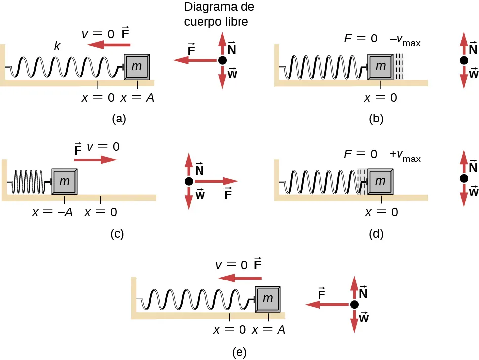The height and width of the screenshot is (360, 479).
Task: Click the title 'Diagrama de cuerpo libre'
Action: [x=219, y=14]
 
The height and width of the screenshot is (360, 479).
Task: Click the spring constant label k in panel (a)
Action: [x=57, y=47]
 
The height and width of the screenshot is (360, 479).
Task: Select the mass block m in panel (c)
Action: [x=64, y=181]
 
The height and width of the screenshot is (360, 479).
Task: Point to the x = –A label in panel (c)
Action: [x=53, y=213]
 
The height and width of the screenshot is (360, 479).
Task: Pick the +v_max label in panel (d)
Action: [x=404, y=155]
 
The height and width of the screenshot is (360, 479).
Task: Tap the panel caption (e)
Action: [x=239, y=352]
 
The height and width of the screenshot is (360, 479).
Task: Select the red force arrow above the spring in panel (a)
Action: [x=106, y=45]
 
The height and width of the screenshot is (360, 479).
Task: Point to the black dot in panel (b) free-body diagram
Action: [x=464, y=60]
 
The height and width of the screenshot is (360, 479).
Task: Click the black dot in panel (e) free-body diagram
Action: [x=354, y=305]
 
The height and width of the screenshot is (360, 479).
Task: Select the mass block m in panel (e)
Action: [x=268, y=299]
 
